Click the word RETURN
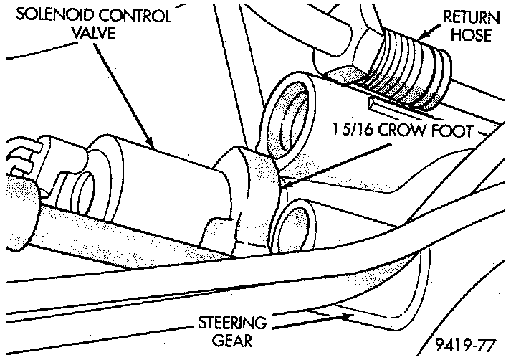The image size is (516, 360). tap(470, 15)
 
